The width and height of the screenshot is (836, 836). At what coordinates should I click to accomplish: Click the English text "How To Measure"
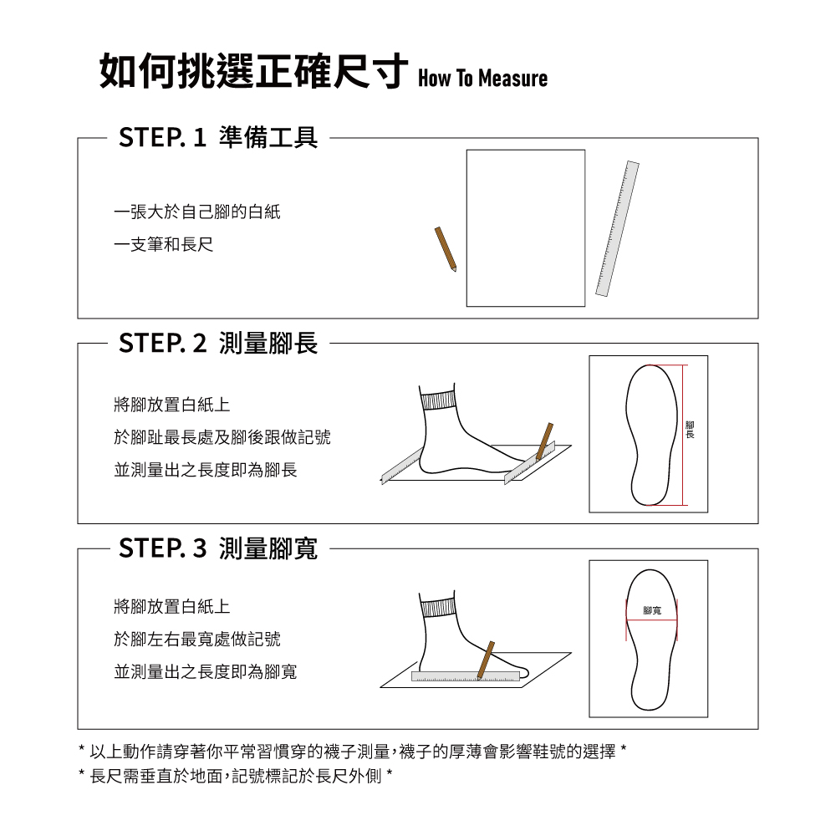point(482,78)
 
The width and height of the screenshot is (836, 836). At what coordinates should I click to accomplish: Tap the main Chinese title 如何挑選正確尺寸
point(254,71)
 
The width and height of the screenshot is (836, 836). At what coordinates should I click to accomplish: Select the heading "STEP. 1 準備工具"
point(218,138)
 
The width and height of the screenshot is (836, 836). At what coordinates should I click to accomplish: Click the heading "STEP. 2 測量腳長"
point(218,343)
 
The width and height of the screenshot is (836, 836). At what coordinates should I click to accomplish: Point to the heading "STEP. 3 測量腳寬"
point(218,548)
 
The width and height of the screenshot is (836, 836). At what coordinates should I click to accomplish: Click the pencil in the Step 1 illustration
point(446,249)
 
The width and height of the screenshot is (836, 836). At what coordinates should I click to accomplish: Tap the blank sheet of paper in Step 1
point(526,228)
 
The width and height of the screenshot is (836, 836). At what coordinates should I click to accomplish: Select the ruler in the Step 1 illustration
point(618,228)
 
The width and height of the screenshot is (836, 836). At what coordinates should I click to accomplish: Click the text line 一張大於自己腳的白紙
point(197,212)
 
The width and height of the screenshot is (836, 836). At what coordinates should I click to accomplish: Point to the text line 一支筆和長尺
point(164,245)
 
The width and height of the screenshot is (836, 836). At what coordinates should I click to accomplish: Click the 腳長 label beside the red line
point(690,430)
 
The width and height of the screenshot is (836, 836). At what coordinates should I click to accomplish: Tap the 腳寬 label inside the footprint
point(652,610)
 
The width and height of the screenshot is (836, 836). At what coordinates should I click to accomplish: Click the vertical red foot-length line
point(683,435)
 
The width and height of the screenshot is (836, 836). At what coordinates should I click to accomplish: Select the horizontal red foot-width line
point(651,619)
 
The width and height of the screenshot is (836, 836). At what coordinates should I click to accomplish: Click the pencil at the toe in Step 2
point(544,441)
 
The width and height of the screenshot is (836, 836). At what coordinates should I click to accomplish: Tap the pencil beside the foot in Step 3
point(486,660)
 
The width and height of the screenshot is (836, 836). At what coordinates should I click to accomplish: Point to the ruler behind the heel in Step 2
point(402,466)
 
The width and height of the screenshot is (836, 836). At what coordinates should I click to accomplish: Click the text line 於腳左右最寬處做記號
point(197,639)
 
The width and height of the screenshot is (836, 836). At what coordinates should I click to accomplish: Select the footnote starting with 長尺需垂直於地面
point(236,776)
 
